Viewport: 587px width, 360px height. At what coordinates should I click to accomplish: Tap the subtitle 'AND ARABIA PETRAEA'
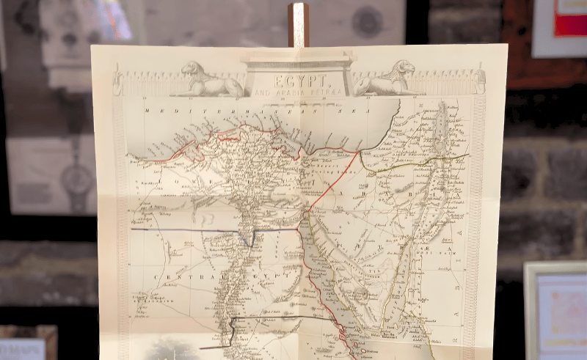coord(297,93)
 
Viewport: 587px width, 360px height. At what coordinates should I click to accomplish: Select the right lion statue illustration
coord(384,79)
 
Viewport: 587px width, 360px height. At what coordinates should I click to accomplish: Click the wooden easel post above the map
coord(298,24)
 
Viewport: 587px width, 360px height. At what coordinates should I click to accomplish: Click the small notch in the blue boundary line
coord(252,238)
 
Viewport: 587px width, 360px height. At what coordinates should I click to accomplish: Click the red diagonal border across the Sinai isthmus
coord(334,180)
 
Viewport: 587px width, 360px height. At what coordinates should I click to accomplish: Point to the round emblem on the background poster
coord(366,21)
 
